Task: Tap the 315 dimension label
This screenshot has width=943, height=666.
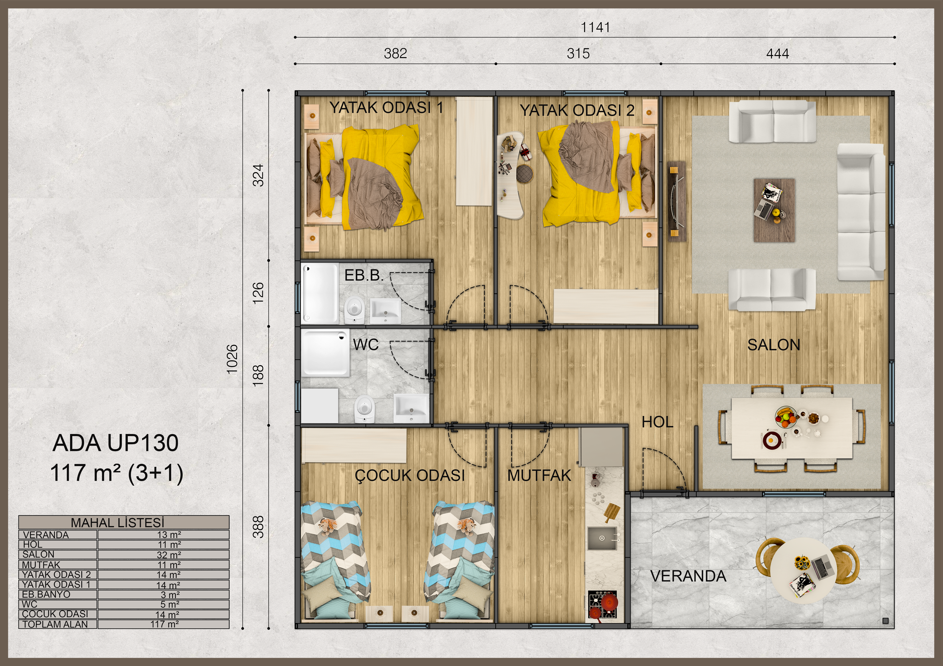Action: point(578,53)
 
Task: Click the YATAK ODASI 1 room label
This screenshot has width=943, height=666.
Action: point(387,107)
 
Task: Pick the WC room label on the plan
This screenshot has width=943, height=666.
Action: point(365,345)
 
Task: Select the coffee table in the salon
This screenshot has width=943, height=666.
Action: point(774,210)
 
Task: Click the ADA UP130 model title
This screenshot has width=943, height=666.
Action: point(115,443)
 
